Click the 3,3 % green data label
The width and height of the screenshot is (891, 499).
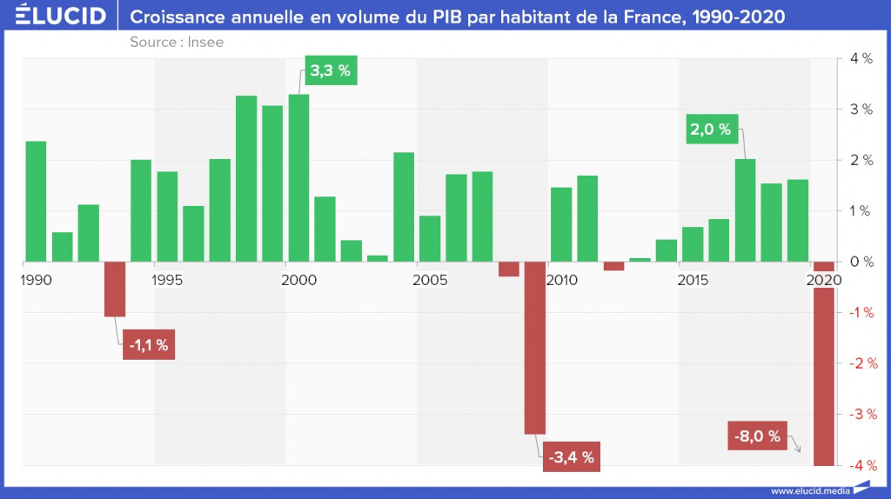[x=331, y=70]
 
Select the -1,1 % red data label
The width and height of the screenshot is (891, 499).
[x=148, y=345]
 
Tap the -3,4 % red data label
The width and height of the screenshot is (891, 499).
[x=570, y=456]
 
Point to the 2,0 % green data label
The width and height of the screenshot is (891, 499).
[x=711, y=130]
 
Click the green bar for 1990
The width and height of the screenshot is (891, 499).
[x=36, y=201]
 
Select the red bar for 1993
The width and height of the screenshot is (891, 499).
[x=115, y=289]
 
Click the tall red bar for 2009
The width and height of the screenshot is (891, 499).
[x=535, y=347]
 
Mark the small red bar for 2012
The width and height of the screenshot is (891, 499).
[x=613, y=266]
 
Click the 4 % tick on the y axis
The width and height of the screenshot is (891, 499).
[x=861, y=59]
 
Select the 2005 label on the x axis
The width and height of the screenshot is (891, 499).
[x=430, y=281]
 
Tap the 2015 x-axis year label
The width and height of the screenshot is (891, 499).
[x=693, y=281]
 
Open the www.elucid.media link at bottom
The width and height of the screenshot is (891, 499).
[x=810, y=489]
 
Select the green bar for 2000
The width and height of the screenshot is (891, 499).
[x=298, y=177]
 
